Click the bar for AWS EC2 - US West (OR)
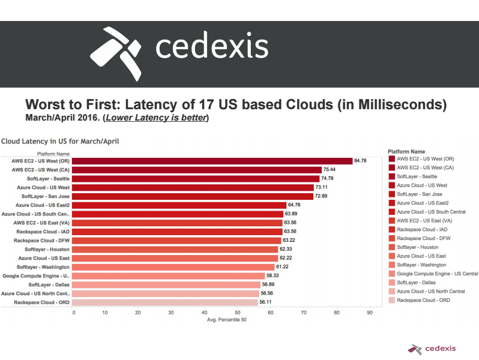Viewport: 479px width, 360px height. (x=212, y=161)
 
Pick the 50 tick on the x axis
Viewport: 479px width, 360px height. (x=238, y=312)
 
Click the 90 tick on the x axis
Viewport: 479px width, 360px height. (x=369, y=312)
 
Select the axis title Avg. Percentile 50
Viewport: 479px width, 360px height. (x=226, y=319)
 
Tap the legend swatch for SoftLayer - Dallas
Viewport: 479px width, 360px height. (x=392, y=283)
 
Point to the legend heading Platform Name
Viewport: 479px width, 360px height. (x=406, y=152)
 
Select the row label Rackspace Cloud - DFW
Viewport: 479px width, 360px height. (x=41, y=240)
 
